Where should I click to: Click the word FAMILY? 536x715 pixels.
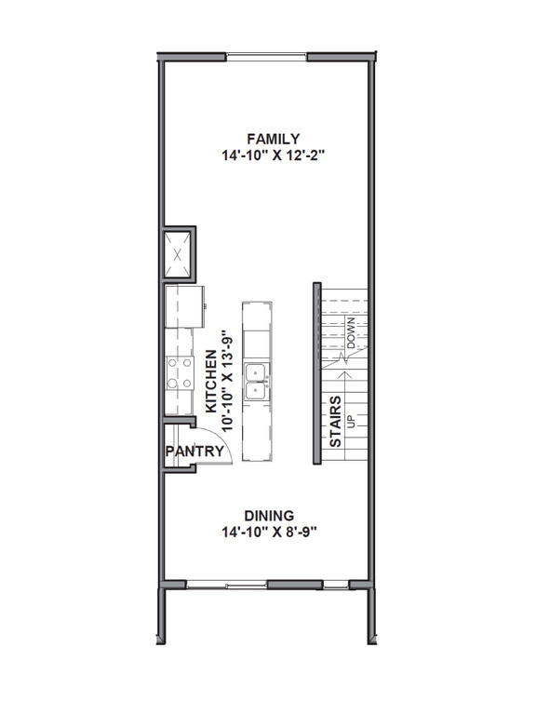click(266, 139)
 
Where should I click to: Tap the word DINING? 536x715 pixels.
click(269, 516)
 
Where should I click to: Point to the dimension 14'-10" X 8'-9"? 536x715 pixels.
click(269, 533)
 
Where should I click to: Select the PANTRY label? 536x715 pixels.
click(195, 452)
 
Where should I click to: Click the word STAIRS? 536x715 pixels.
click(336, 422)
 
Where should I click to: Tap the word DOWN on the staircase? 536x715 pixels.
click(353, 334)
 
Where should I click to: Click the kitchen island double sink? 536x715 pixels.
click(257, 383)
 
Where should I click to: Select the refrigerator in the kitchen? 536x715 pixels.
click(183, 306)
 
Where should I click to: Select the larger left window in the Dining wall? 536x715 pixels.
click(226, 585)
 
